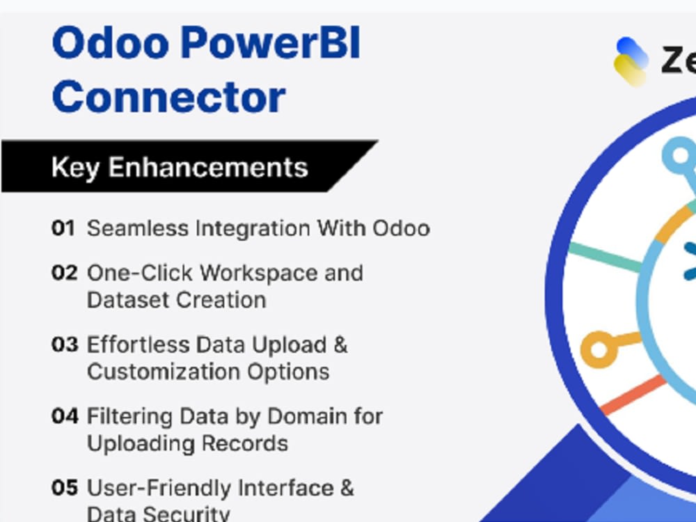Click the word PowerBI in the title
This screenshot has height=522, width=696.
(271, 43)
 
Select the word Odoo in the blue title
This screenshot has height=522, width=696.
(110, 43)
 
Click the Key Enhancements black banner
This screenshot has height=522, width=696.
(180, 167)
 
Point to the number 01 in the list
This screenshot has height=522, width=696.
(63, 228)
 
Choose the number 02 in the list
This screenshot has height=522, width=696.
(64, 273)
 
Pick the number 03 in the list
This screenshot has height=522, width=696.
(64, 345)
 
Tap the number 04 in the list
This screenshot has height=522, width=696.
(65, 416)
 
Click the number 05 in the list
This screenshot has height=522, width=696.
(65, 488)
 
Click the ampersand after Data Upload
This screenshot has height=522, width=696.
(340, 345)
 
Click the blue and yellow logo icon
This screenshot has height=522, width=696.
(631, 61)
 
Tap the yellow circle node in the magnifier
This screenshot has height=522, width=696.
(599, 349)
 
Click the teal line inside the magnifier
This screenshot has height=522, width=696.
(604, 257)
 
